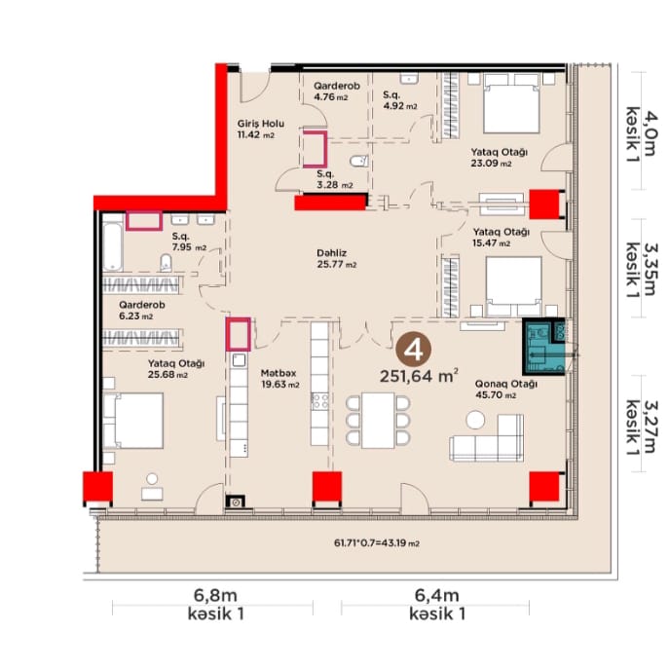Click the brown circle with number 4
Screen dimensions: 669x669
[413, 351]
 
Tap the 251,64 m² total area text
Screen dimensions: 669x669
[419, 376]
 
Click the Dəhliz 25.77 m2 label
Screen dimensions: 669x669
[337, 259]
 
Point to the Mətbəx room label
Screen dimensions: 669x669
[279, 373]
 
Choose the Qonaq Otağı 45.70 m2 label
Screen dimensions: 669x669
[506, 390]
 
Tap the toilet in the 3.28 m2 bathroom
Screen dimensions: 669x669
[359, 161]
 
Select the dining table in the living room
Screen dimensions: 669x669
[378, 421]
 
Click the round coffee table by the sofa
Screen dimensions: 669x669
[475, 420]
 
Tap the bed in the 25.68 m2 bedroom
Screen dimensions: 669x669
[132, 421]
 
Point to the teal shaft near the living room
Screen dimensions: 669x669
[543, 347]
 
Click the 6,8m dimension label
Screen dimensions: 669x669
[215, 595]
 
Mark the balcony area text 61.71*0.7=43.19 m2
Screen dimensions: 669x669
[376, 543]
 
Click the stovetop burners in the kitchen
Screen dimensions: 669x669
[320, 401]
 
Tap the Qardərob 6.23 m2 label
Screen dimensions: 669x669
[141, 311]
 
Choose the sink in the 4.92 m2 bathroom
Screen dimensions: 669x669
[409, 78]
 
